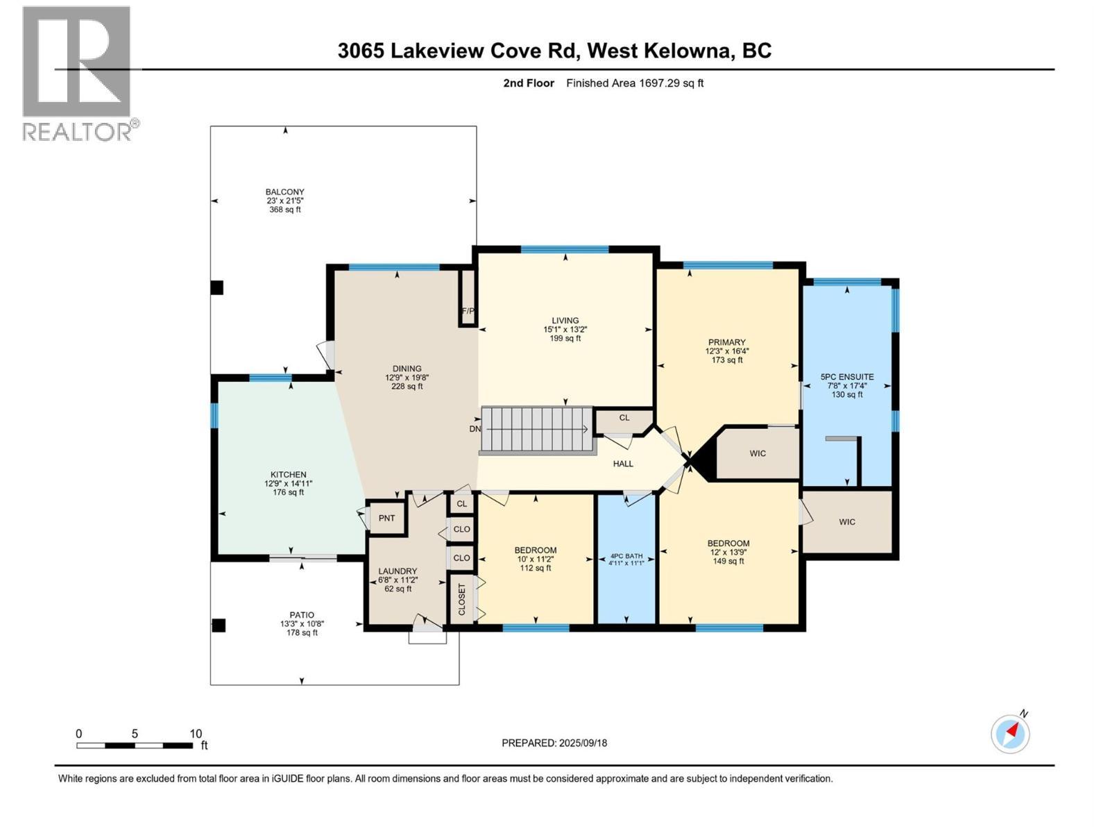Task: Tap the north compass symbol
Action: [1011, 733]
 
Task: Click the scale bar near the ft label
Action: [135, 746]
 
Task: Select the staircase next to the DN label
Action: [536, 429]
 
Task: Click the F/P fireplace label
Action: [468, 311]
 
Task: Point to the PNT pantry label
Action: [386, 518]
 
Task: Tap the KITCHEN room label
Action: [288, 475]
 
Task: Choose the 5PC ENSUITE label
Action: [847, 377]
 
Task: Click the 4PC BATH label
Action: [626, 556]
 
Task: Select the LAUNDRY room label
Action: [398, 571]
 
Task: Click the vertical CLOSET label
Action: [462, 599]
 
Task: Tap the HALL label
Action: [623, 464]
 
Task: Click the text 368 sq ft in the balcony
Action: [285, 210]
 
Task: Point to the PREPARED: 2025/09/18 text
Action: [554, 743]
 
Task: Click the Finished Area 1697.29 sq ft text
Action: [635, 83]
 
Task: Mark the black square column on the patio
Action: [219, 625]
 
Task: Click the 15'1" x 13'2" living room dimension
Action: [565, 330]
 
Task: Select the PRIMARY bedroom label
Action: [726, 342]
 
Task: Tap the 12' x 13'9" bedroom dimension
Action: [728, 553]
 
